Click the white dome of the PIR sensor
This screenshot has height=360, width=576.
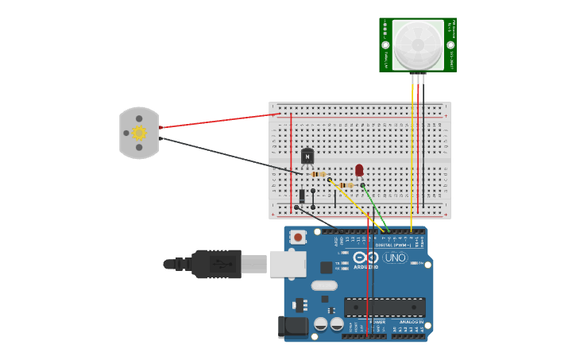pos(418,45)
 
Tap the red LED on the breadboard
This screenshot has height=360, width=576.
pos(359,169)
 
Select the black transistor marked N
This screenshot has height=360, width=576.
pos(307,157)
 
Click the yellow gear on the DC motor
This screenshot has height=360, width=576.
pos(139,133)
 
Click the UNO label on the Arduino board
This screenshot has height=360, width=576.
pos(395,258)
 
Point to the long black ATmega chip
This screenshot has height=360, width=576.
pos(385,307)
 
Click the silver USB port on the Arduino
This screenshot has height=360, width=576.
pos(288,264)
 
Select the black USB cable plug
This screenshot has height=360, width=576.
pos(216,264)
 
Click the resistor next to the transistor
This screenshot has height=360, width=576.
pos(319,174)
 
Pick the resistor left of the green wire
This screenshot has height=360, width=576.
pos(345,185)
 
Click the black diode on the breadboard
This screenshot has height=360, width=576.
pos(302,195)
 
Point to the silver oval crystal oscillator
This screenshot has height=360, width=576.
pos(324,285)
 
